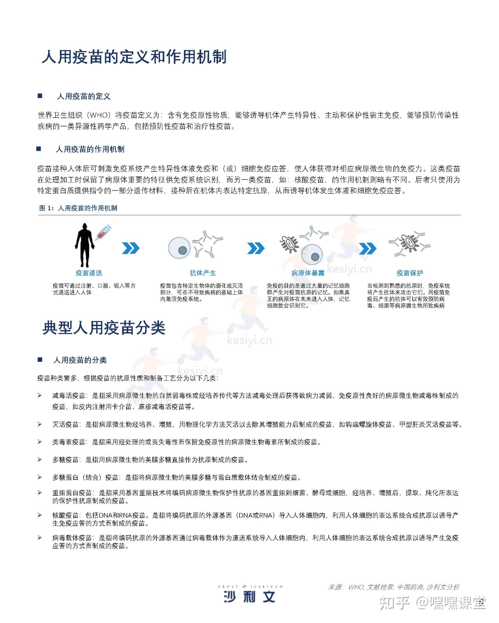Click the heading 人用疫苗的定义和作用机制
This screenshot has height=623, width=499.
134,57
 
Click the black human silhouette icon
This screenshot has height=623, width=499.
84,245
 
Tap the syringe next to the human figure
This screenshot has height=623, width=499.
103,232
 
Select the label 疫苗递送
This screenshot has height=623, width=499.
89,273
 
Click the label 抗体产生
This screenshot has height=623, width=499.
203,273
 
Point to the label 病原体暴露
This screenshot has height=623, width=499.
308,273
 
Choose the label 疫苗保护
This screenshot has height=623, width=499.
410,273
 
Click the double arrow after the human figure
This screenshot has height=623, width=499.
131,248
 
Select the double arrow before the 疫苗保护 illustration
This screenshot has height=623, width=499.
368,248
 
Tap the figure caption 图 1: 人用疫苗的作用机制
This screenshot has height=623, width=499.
78,208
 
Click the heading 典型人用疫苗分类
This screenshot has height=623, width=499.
104,328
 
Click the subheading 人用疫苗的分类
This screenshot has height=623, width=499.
80,360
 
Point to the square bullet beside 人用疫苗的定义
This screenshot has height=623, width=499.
40,96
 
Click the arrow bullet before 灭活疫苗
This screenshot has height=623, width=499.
40,424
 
